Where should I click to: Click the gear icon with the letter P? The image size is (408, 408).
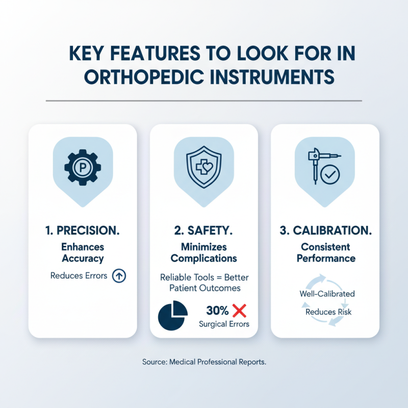(x=83, y=166)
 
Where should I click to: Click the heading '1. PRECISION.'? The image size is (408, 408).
(x=83, y=231)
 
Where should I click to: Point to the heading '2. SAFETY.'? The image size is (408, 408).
(x=204, y=231)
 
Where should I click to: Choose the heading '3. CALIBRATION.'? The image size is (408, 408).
(x=325, y=231)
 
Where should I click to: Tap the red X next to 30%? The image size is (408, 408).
(x=239, y=310)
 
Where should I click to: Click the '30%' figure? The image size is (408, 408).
(x=217, y=310)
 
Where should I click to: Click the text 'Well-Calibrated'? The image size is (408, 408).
(x=325, y=294)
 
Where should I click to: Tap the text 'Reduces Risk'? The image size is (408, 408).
(x=325, y=312)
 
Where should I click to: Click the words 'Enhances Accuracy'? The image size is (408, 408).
(x=83, y=252)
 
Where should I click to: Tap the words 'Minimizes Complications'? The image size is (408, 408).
(x=204, y=252)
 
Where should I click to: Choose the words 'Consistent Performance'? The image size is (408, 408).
(x=325, y=252)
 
